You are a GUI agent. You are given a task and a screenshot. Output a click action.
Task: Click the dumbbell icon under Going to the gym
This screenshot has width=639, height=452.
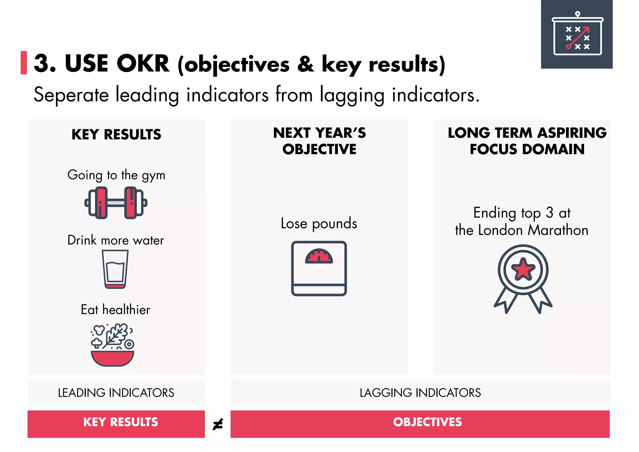click(x=116, y=203)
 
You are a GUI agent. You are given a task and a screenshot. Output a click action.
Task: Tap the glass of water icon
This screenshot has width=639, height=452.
click(x=115, y=269)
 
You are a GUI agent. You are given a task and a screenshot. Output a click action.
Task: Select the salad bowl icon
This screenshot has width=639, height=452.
click(x=113, y=345)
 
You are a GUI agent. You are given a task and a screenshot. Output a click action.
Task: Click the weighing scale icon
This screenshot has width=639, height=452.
click(x=319, y=268)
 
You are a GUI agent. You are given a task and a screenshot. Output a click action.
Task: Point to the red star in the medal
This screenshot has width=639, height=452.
click(x=523, y=269)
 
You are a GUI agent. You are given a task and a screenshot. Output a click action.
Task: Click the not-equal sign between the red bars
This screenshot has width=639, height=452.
click(x=218, y=424)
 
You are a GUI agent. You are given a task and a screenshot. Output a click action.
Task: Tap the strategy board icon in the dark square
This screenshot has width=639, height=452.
click(x=578, y=34)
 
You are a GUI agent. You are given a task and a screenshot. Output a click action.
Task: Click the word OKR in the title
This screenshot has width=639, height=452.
click(x=143, y=64)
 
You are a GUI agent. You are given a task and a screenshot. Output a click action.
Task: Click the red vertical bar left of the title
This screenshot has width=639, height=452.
click(x=24, y=63)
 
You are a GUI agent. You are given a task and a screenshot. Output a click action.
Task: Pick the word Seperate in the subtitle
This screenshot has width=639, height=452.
click(x=71, y=95)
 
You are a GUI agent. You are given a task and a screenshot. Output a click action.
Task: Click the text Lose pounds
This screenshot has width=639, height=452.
click(x=319, y=224)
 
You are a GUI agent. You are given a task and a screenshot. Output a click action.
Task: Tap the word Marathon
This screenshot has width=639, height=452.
click(x=558, y=230)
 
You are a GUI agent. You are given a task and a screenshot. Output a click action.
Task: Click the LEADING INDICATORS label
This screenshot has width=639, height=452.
click(x=116, y=393)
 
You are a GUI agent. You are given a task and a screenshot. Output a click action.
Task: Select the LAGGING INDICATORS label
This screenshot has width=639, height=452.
click(x=420, y=393)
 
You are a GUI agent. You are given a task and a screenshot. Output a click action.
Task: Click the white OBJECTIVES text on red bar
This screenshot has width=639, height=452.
click(x=427, y=422)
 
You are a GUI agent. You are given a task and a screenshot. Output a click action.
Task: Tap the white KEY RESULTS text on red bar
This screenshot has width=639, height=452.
click(x=120, y=422)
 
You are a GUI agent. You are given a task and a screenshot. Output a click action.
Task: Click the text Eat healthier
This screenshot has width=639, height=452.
click(x=115, y=310)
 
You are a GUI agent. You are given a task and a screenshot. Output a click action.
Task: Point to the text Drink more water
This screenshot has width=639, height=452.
click(x=115, y=240)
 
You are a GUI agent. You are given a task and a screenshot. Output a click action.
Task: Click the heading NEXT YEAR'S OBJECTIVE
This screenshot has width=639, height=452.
click(x=319, y=141)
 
